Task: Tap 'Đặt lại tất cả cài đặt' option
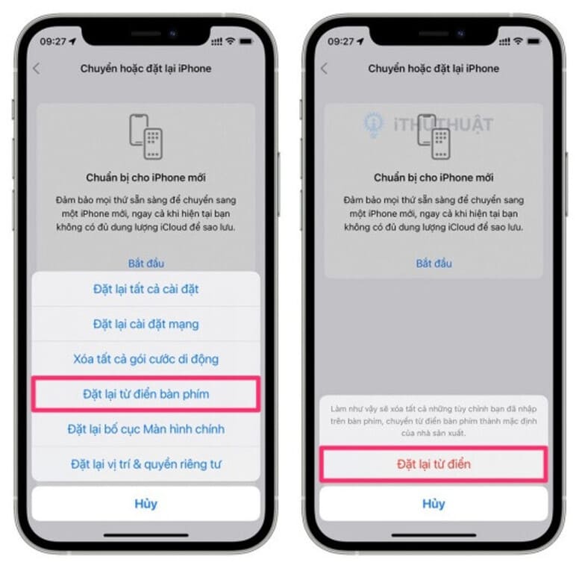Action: (x=145, y=289)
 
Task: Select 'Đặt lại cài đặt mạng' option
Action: (x=145, y=324)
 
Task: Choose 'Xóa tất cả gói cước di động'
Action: (x=145, y=359)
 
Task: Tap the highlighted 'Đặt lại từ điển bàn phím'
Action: (x=145, y=394)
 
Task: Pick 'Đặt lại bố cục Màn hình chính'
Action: (x=145, y=429)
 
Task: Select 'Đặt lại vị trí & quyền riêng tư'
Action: (x=145, y=464)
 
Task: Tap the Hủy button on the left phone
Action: (x=145, y=504)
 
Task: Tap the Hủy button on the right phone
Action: (x=434, y=504)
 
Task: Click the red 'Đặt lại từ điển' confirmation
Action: (x=434, y=464)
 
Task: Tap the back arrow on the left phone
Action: (x=37, y=69)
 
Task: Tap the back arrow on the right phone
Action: (x=324, y=69)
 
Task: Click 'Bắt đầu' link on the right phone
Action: (x=434, y=263)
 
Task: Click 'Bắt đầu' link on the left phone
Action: (x=145, y=263)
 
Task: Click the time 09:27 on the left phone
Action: (x=53, y=42)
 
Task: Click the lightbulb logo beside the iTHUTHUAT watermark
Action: (x=374, y=125)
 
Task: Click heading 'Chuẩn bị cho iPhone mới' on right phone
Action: (x=434, y=178)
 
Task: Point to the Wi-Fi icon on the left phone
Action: (x=231, y=42)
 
